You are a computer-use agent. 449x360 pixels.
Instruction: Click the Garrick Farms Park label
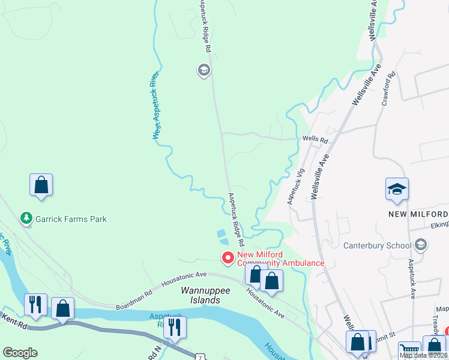[71, 219]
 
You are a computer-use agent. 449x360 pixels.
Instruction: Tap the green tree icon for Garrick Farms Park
[26, 218]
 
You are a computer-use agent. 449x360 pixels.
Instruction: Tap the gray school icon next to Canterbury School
[420, 245]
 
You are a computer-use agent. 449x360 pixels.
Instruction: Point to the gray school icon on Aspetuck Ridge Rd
[203, 71]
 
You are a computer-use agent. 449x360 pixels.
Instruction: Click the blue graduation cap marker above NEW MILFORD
[397, 190]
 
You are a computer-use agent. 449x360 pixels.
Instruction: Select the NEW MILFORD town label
[418, 215]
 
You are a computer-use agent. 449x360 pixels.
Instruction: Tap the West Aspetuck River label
[155, 106]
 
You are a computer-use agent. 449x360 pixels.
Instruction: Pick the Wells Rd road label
[315, 140]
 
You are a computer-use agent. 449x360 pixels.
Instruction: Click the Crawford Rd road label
[388, 89]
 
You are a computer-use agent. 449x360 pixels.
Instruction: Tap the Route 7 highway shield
[199, 356]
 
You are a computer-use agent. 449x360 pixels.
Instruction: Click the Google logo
[20, 353]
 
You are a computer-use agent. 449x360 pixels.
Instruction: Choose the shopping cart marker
[410, 350]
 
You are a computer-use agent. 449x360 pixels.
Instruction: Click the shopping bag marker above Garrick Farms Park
[41, 185]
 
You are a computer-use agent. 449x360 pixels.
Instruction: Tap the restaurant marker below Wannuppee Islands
[175, 327]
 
